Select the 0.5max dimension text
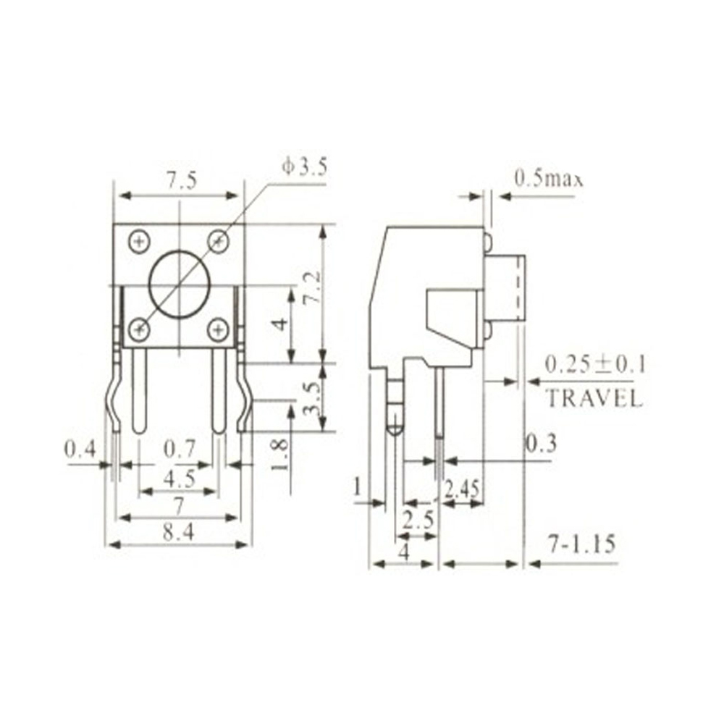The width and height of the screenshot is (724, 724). click(548, 178)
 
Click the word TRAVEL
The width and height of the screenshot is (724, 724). click(593, 397)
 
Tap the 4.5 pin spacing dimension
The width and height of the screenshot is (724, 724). click(178, 479)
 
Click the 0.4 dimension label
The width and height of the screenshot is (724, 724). click(80, 450)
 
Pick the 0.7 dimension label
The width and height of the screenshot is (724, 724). click(179, 450)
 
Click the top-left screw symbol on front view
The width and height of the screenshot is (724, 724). click(139, 240)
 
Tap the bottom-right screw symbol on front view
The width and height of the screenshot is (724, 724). click(218, 330)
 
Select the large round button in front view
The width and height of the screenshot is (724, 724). click(178, 284)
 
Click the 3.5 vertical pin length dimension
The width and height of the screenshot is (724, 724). click(310, 398)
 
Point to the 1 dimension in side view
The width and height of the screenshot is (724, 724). click(358, 489)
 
